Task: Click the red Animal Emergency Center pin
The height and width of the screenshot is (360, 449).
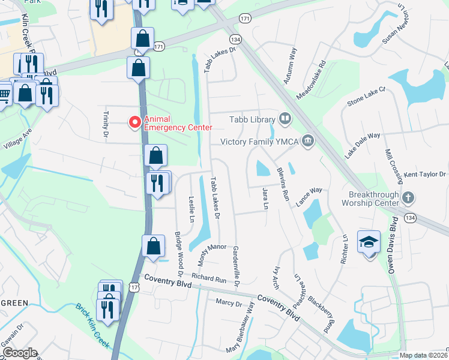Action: tap(135, 122)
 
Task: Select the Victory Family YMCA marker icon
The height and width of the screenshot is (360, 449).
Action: tap(308, 142)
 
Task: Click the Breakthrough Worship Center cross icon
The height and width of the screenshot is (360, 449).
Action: tap(408, 197)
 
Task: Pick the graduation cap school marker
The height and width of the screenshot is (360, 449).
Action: tap(369, 242)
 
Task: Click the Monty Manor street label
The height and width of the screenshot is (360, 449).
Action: tap(212, 255)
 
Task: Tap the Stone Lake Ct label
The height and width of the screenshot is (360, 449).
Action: tap(366, 97)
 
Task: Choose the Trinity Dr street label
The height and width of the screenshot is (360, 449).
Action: tap(106, 125)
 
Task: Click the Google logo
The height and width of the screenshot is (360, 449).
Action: tap(20, 353)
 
